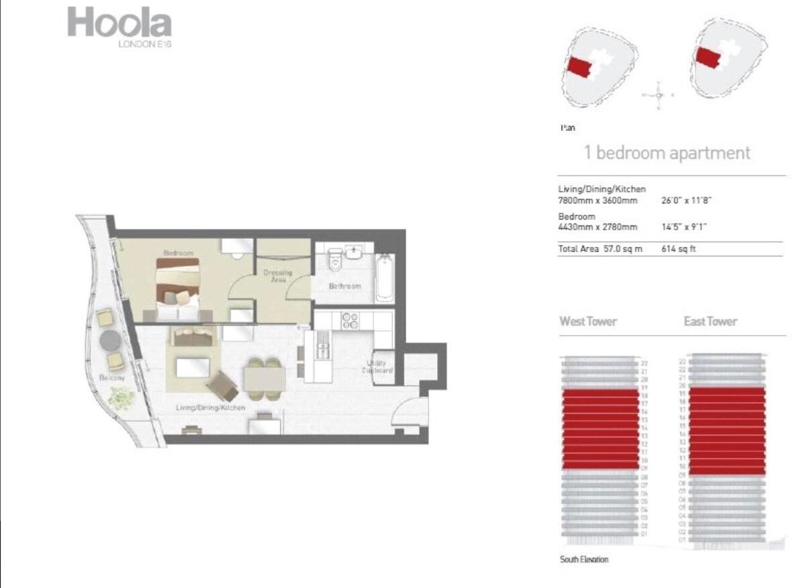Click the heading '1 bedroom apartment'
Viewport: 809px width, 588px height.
(x=667, y=152)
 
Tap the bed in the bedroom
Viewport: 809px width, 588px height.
(x=179, y=285)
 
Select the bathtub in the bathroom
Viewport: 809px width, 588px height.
(x=385, y=278)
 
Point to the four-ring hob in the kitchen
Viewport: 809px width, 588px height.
(x=350, y=320)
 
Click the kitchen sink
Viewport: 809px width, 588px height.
(x=323, y=349)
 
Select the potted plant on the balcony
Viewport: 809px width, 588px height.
(x=121, y=399)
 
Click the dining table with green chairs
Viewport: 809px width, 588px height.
(x=263, y=380)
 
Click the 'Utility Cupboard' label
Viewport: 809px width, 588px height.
(x=377, y=366)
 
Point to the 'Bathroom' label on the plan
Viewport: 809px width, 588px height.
(x=344, y=287)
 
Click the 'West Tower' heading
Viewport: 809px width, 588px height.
(x=588, y=322)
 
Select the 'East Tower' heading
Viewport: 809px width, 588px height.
(x=710, y=322)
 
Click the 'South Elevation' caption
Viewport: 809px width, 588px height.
(x=584, y=559)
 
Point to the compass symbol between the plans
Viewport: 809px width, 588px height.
(x=659, y=94)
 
